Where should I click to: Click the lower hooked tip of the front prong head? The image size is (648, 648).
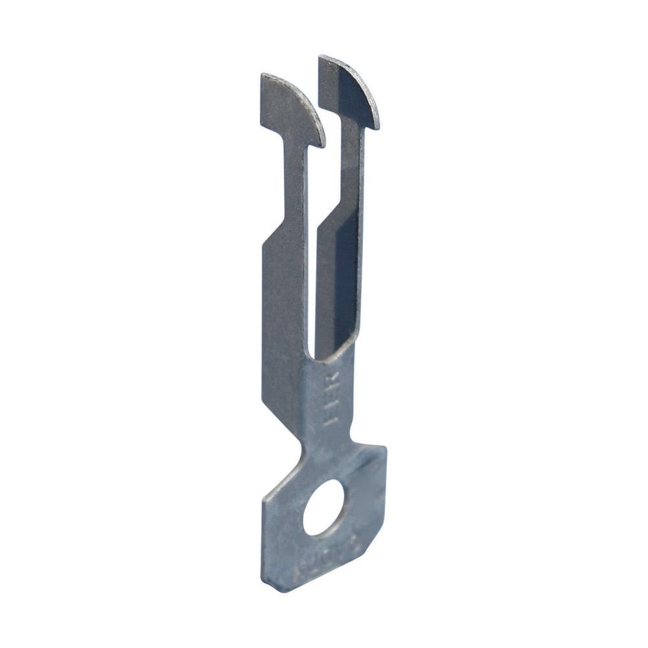[x=319, y=144]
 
